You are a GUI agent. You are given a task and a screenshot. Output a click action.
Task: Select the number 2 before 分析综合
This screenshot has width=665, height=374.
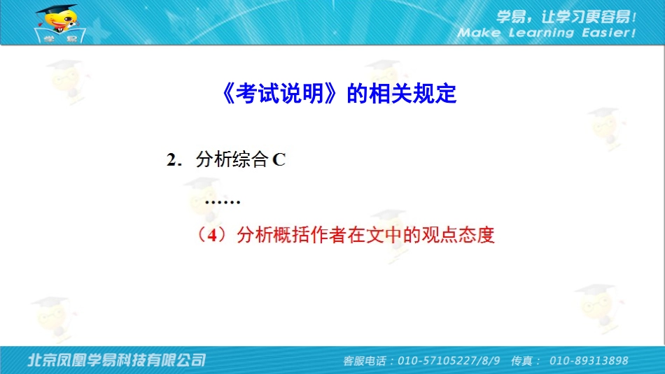tap(171, 160)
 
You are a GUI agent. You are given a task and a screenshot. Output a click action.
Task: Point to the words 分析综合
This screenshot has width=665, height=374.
tap(232, 160)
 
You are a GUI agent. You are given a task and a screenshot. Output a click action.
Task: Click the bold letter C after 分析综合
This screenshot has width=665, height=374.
tap(279, 160)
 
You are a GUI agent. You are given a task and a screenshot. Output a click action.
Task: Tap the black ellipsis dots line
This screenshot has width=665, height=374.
tap(223, 202)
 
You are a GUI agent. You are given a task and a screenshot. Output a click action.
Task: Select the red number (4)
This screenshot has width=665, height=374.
tap(213, 236)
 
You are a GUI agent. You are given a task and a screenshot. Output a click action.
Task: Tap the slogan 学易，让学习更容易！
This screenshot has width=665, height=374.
tap(566, 16)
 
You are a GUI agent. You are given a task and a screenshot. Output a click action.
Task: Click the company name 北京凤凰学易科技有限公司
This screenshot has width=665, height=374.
tap(116, 360)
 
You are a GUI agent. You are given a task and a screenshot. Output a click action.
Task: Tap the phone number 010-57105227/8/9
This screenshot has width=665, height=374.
tap(449, 361)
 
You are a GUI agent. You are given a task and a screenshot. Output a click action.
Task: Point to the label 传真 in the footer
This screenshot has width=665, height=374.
tap(524, 361)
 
